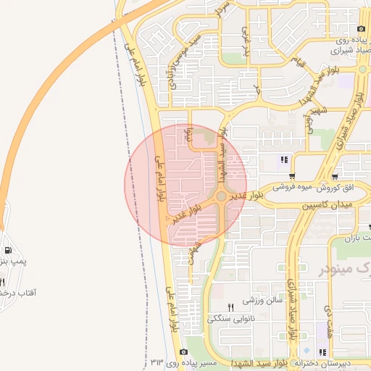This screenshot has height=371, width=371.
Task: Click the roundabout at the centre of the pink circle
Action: [221, 196]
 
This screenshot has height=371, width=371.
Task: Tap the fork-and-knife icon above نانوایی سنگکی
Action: [231, 307]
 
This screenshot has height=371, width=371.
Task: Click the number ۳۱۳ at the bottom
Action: [158, 361]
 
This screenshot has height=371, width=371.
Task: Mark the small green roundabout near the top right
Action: [362, 70]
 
